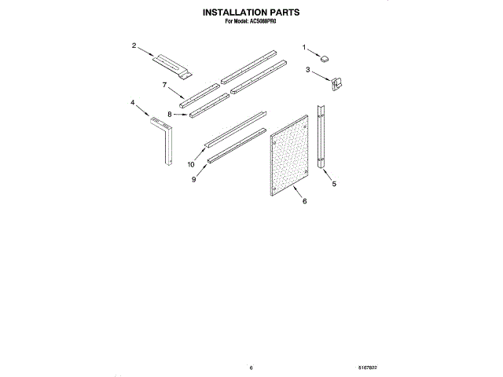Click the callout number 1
(305, 49)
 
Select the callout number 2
(134, 46)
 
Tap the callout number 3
(307, 71)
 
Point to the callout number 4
(133, 102)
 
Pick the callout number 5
(334, 184)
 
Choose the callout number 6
(304, 201)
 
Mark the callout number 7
(165, 84)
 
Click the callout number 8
(169, 115)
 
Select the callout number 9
(193, 179)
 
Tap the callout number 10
(190, 165)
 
